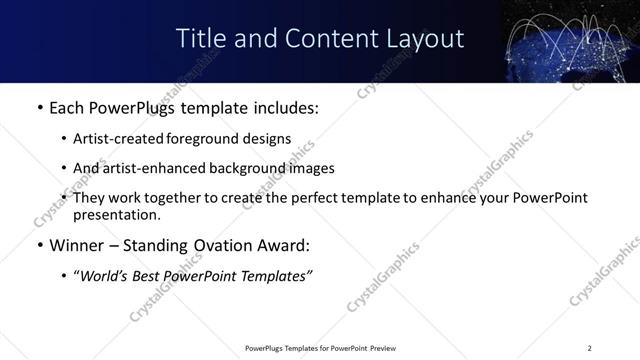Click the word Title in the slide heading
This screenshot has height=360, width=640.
tap(200, 39)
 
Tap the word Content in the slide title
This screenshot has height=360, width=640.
tap(316, 39)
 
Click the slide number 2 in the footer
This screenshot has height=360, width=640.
tap(590, 348)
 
